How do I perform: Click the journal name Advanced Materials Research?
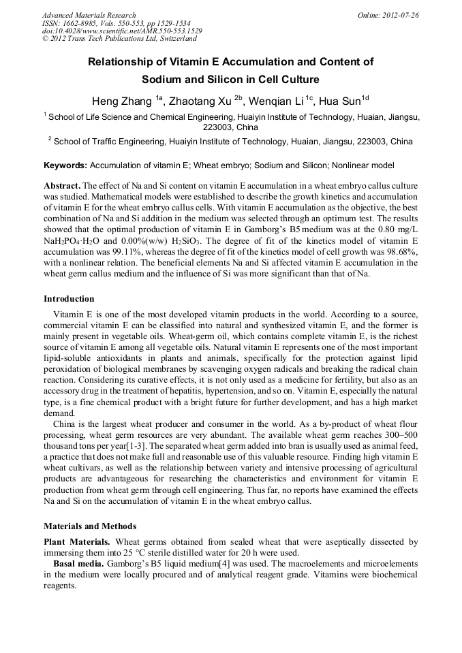(89, 15)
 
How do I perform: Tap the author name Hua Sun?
(342, 101)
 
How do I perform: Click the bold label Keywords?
(65, 165)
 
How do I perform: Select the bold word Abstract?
(61, 186)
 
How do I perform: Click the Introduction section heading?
(69, 298)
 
